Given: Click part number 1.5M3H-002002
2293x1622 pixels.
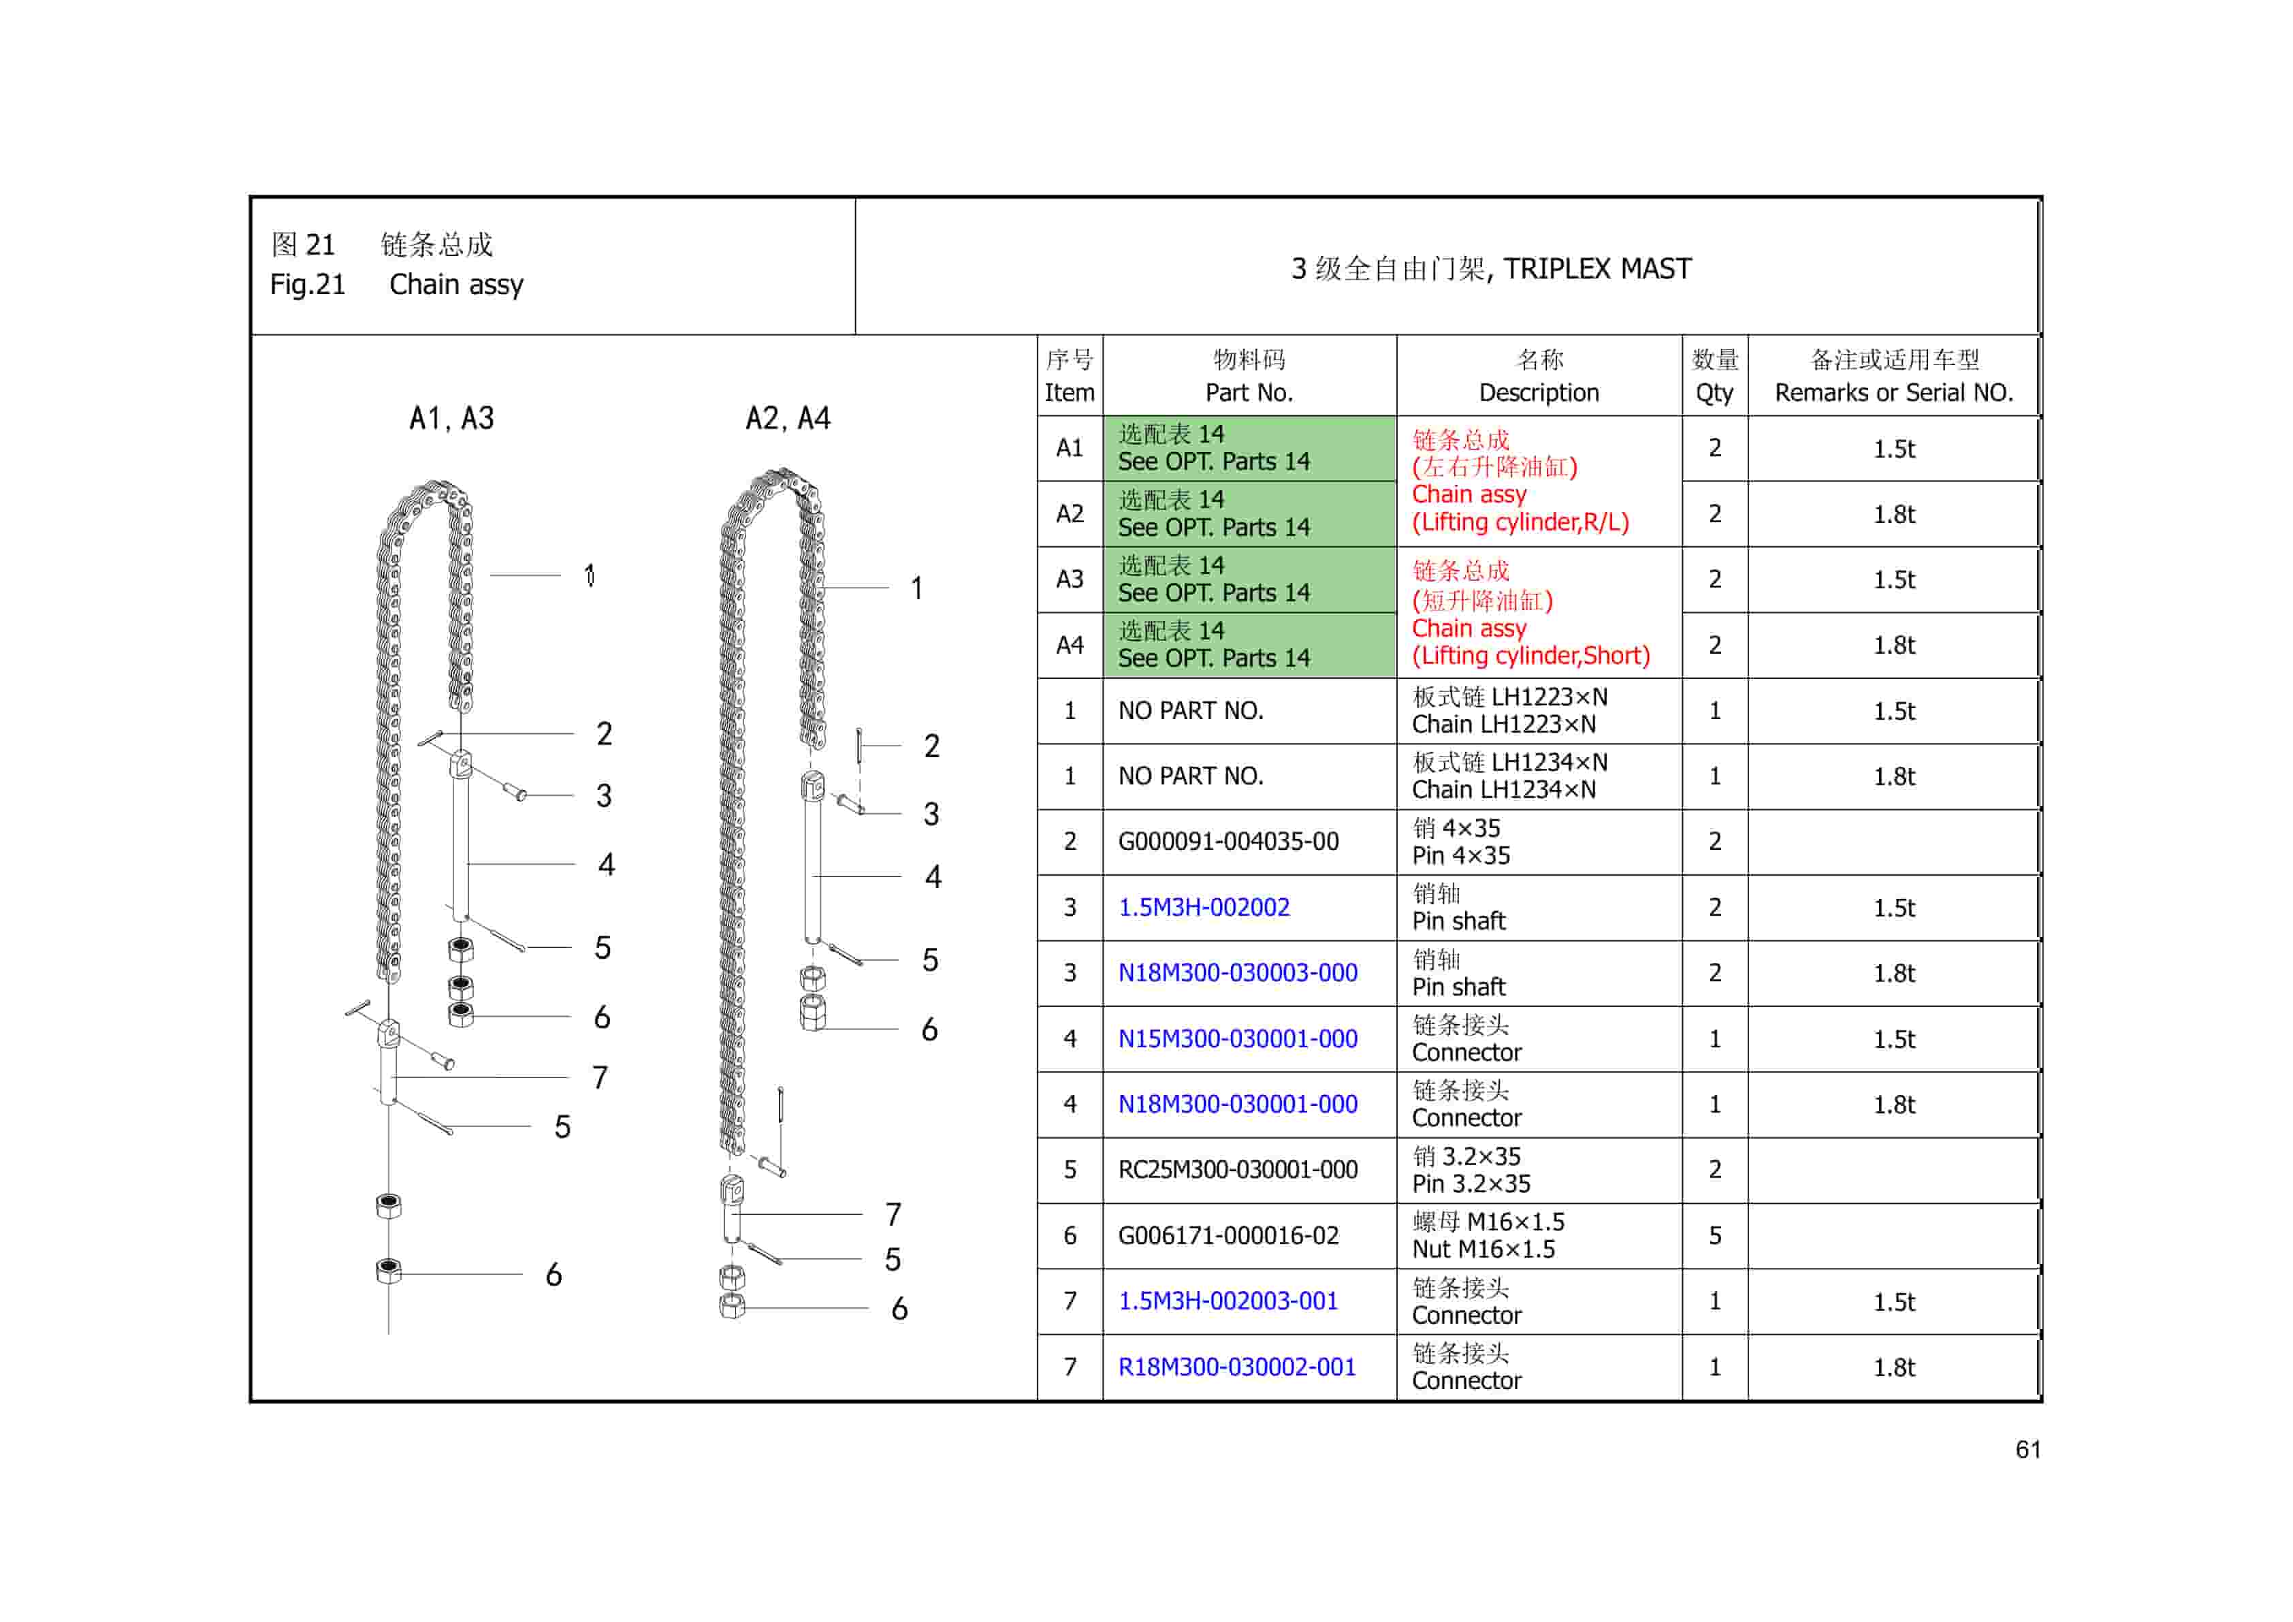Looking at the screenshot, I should pyautogui.click(x=1204, y=907).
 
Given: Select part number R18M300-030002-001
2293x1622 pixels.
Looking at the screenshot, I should pyautogui.click(x=1236, y=1367).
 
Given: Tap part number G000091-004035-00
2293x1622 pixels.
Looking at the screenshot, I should pyautogui.click(x=1228, y=841).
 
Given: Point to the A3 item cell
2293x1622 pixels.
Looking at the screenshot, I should pyautogui.click(x=1069, y=579).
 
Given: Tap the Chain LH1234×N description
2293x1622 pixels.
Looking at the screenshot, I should pyautogui.click(x=1508, y=776).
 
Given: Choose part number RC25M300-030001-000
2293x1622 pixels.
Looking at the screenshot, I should pyautogui.click(x=1236, y=1170).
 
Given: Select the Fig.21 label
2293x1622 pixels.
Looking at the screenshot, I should pyautogui.click(x=306, y=285).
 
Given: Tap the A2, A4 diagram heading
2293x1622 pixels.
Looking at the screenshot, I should pyautogui.click(x=787, y=419).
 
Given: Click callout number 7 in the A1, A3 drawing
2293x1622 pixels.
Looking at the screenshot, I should pyautogui.click(x=599, y=1078).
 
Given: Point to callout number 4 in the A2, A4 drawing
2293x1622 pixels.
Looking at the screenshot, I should pyautogui.click(x=933, y=877).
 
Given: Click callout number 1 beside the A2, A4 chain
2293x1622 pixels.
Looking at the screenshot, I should pyautogui.click(x=916, y=588).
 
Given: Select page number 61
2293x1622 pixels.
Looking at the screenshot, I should pyautogui.click(x=2027, y=1449).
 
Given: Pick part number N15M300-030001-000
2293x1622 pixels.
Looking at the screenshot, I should pyautogui.click(x=1236, y=1038).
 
